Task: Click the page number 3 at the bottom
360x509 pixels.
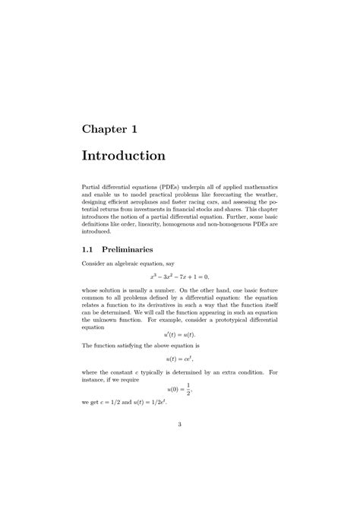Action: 180,445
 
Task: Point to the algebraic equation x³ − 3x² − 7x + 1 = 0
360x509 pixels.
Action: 179,277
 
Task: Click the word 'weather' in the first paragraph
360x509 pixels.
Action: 263,194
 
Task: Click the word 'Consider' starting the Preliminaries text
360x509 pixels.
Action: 94,264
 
